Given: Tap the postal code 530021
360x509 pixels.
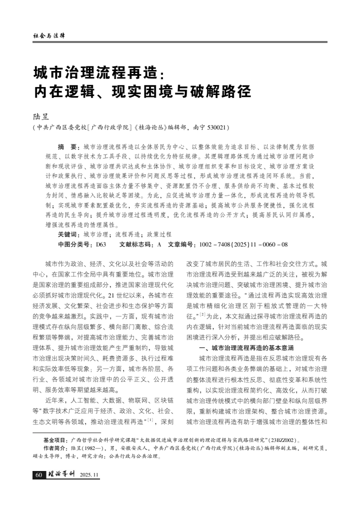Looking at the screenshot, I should pyautogui.click(x=215, y=127).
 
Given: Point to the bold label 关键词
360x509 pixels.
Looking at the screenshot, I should pyautogui.click(x=69, y=234).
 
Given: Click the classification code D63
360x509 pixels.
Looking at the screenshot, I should pyautogui.click(x=101, y=244).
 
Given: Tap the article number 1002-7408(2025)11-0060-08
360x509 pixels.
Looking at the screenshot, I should pyautogui.click(x=243, y=244).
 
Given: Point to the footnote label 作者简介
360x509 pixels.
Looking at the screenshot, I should pyautogui.click(x=55, y=448).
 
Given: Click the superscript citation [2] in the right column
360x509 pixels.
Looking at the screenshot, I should pyautogui.click(x=203, y=314).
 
